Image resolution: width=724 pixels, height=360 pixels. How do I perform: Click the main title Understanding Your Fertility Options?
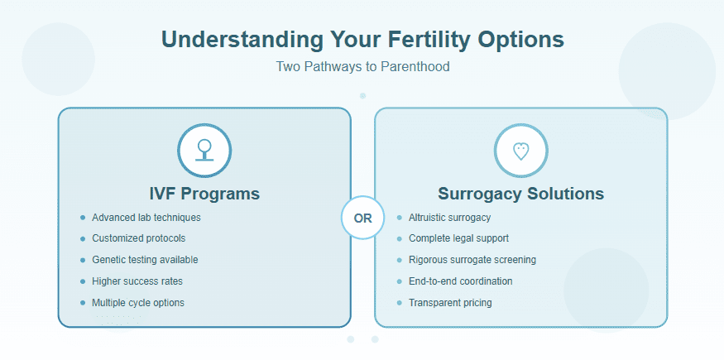[362, 40]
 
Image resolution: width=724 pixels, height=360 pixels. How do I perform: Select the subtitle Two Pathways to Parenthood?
[362, 66]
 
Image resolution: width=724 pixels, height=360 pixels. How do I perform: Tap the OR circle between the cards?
[362, 218]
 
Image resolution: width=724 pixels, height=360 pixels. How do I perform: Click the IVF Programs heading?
[204, 194]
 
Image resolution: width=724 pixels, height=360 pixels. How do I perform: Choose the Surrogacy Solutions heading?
[520, 194]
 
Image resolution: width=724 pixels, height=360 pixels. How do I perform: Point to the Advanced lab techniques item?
[146, 218]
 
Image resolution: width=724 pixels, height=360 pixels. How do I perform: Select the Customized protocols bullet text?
[138, 238]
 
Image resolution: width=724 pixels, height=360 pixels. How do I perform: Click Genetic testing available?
[145, 260]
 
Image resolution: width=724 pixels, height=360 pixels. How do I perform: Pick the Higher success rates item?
[137, 281]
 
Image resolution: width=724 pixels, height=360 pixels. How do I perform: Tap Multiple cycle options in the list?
[138, 303]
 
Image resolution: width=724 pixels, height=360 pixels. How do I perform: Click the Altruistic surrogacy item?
[449, 218]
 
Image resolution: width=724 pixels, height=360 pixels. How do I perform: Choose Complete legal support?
[458, 238]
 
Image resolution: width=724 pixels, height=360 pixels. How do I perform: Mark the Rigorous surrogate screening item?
[472, 260]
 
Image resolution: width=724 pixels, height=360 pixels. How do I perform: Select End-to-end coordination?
[460, 281]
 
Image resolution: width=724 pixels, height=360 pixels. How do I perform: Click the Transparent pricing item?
[450, 303]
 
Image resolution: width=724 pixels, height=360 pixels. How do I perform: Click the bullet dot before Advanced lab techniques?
[83, 218]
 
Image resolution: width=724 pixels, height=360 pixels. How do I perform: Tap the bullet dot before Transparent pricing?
[399, 303]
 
